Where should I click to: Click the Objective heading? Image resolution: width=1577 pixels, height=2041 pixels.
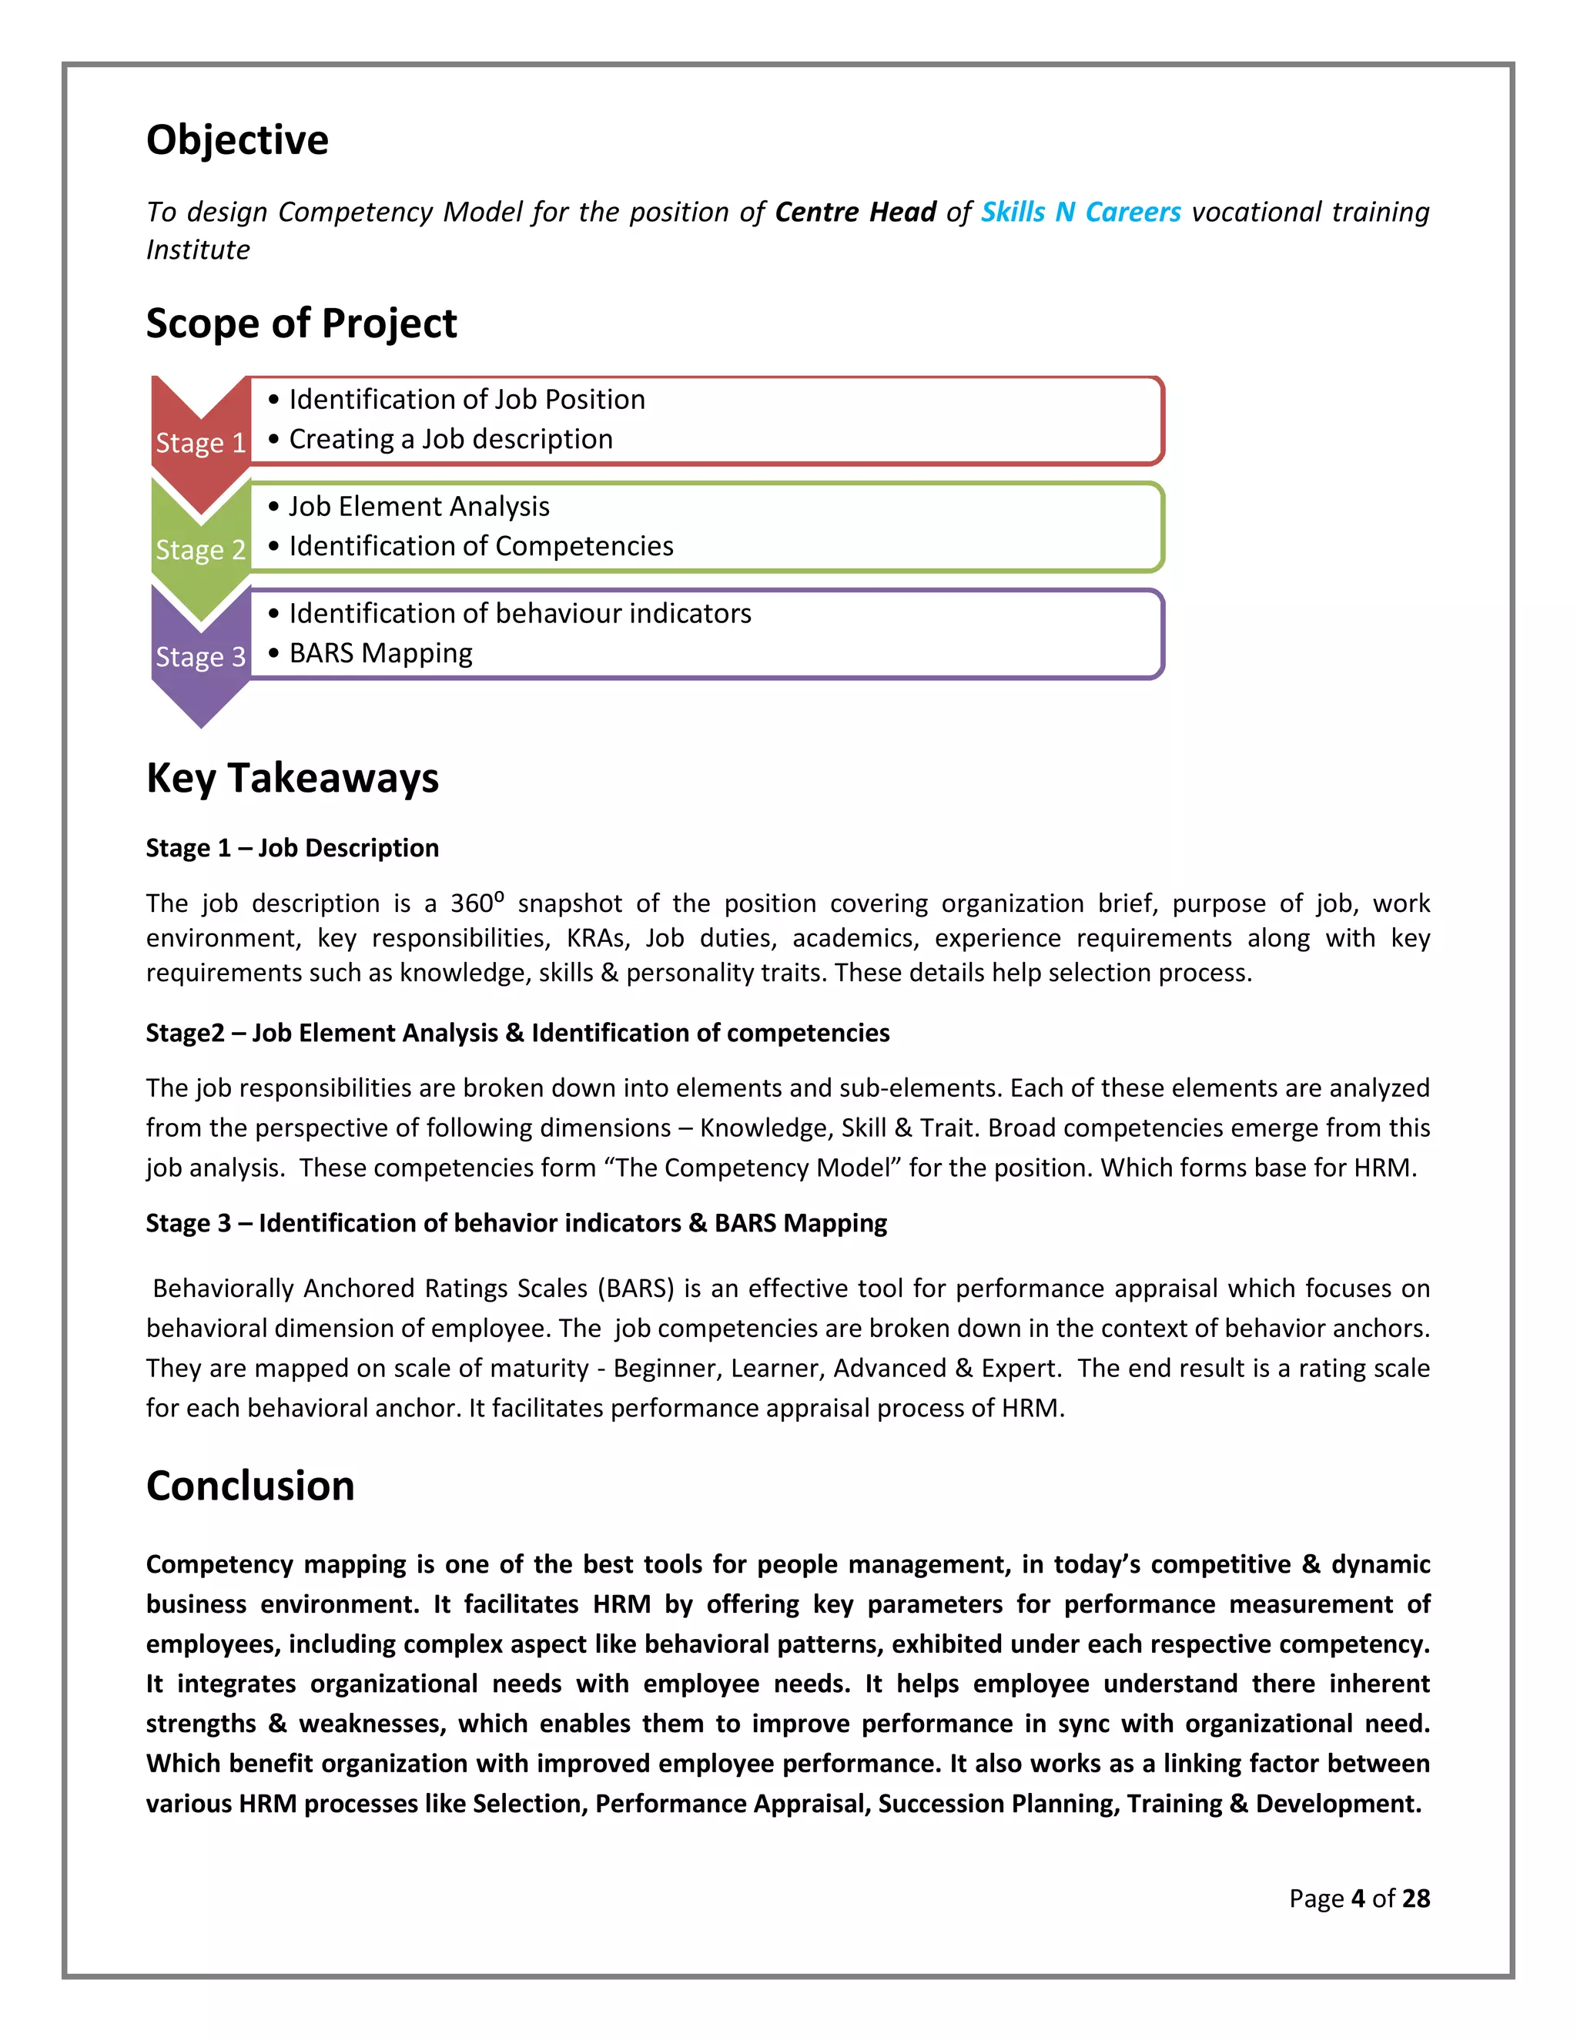tap(237, 140)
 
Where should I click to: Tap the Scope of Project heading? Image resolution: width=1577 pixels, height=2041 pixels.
tap(301, 323)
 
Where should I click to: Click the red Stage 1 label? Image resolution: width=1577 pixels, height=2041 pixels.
tap(200, 442)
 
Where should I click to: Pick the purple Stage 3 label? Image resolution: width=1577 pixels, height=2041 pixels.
tap(200, 657)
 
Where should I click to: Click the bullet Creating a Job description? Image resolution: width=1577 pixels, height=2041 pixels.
tap(450, 439)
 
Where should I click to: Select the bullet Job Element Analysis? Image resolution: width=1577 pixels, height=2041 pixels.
tap(419, 507)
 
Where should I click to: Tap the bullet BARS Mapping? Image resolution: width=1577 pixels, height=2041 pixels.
tap(380, 653)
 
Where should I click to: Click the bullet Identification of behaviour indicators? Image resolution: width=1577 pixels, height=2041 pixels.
tap(520, 614)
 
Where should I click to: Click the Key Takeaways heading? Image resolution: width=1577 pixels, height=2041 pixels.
tap(292, 778)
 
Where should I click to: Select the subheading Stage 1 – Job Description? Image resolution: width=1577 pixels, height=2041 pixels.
tap(292, 848)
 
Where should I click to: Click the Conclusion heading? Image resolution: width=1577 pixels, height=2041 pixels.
tap(250, 1486)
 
